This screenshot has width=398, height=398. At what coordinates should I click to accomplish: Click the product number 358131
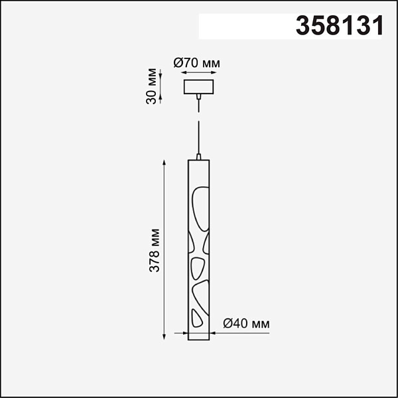tap(340, 25)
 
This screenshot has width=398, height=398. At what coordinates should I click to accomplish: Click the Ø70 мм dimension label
tap(197, 63)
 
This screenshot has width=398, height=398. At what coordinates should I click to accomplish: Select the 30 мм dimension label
tap(151, 86)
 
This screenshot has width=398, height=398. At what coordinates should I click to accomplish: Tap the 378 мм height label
tap(155, 251)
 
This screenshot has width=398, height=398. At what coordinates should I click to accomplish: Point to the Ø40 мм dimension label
tap(246, 324)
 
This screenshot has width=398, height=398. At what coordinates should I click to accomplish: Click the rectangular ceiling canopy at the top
tap(198, 87)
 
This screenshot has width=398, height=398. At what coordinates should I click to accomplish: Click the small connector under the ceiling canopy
tap(198, 97)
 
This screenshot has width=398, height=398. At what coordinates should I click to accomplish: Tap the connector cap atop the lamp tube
tap(198, 157)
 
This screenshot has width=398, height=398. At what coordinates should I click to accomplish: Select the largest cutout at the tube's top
tap(201, 209)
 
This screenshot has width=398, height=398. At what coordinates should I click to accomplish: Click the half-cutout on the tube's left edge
tap(190, 243)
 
